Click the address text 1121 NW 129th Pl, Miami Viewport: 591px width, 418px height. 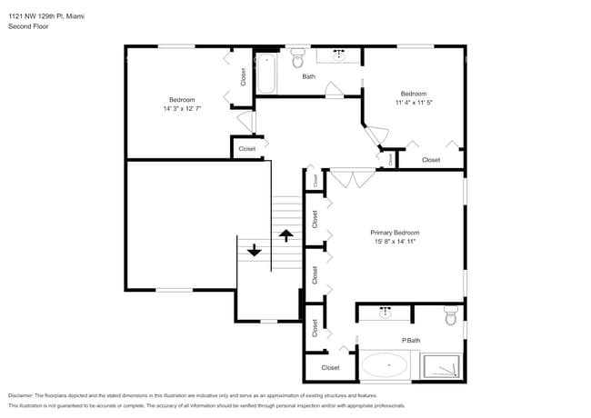pos(43,15)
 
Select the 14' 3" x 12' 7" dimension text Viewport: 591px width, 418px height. pos(182,109)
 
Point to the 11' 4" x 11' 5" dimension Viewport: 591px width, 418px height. pos(414,103)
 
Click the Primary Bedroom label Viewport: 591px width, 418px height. pos(395,233)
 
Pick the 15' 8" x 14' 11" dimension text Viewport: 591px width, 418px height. pos(395,243)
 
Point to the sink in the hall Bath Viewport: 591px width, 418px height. pos(342,56)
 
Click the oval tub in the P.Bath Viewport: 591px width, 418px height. pos(385,368)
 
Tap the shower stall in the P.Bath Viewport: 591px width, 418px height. pos(443,365)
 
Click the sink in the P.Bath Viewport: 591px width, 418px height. pos(385,313)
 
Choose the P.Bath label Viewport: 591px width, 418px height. pos(411,341)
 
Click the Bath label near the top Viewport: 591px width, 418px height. pos(309,76)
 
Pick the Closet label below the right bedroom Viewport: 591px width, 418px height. pos(431,160)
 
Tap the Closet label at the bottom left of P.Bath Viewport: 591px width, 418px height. pos(329,368)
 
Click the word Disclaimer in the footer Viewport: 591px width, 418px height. pos(25,396)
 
